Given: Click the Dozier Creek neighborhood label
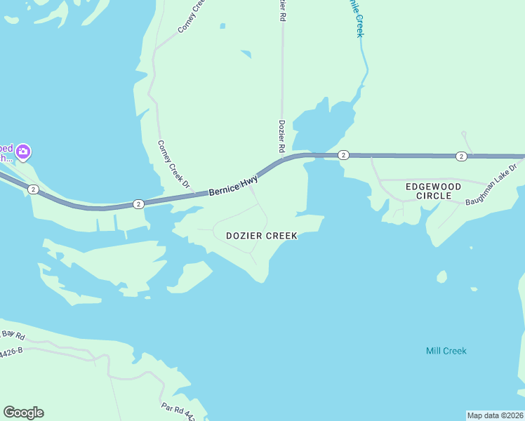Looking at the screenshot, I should tap(262, 236).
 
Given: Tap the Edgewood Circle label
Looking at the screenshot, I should tap(433, 191).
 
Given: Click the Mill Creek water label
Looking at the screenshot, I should tap(446, 351).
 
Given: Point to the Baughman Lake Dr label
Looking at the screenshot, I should tap(491, 185).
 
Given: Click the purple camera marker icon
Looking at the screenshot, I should tap(23, 152).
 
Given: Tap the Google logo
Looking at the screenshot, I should tap(23, 413).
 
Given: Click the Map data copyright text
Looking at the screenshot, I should tap(495, 415).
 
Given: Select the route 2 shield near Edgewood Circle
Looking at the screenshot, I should tap(460, 156).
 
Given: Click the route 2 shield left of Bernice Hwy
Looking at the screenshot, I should tap(138, 204).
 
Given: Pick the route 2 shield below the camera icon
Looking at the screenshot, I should tap(33, 189).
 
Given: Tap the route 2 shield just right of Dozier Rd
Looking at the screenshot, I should tap(343, 155).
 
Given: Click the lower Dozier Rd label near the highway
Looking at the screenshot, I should tap(281, 137).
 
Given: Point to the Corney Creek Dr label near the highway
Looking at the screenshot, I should tap(173, 165).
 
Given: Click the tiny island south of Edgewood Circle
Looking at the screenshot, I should tap(441, 276).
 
